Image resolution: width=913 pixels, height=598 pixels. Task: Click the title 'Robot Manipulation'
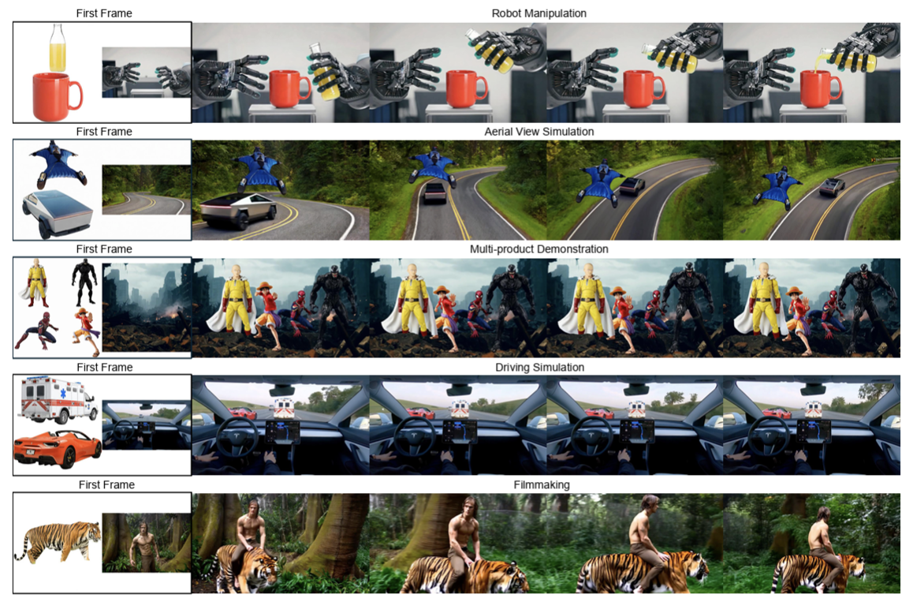click(538, 13)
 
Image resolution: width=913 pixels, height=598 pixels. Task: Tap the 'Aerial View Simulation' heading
click(538, 131)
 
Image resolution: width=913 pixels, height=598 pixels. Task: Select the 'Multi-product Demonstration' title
click(538, 249)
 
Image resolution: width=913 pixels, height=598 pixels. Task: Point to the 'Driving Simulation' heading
click(538, 367)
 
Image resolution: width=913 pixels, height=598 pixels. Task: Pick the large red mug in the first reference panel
click(55, 95)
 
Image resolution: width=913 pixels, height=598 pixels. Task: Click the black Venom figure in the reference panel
click(84, 283)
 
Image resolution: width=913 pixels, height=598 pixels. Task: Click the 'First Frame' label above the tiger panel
click(106, 484)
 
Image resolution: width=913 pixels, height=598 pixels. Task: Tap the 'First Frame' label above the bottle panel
click(104, 13)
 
